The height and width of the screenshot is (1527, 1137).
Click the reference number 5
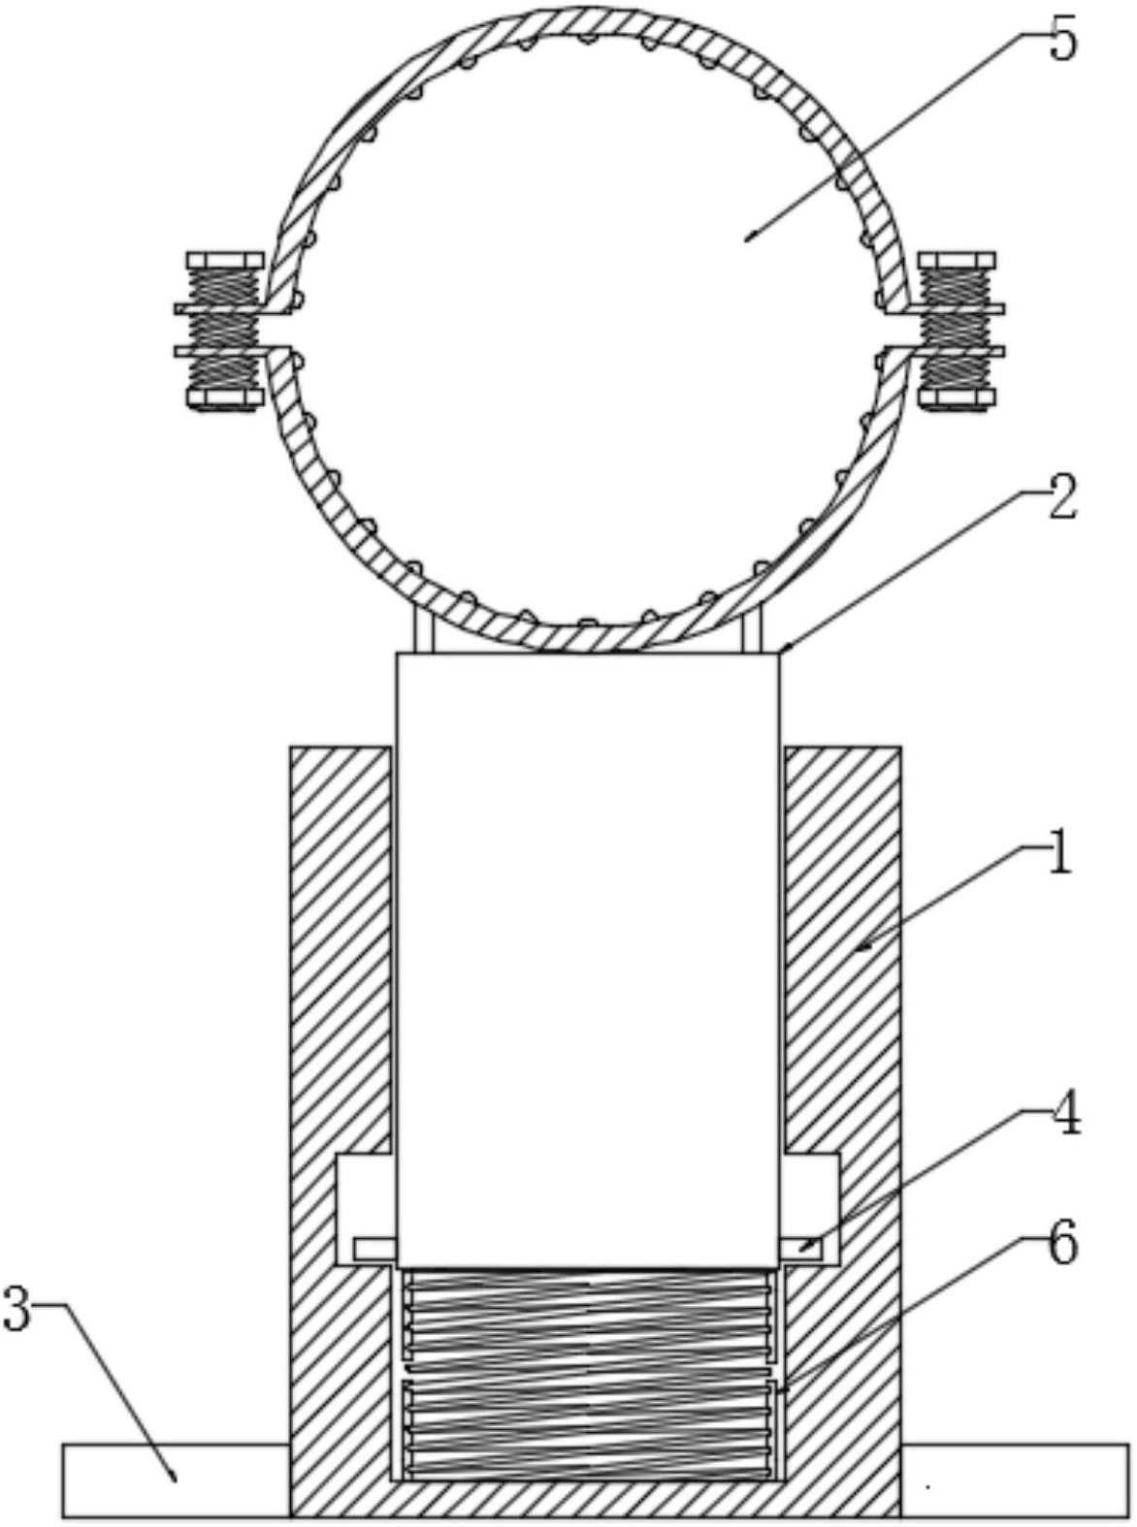1062,44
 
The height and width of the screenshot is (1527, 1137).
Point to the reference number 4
1065,1118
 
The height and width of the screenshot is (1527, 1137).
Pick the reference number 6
1063,1243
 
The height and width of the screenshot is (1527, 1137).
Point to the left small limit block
374,1249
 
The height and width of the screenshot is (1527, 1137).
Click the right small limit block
801,1248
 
